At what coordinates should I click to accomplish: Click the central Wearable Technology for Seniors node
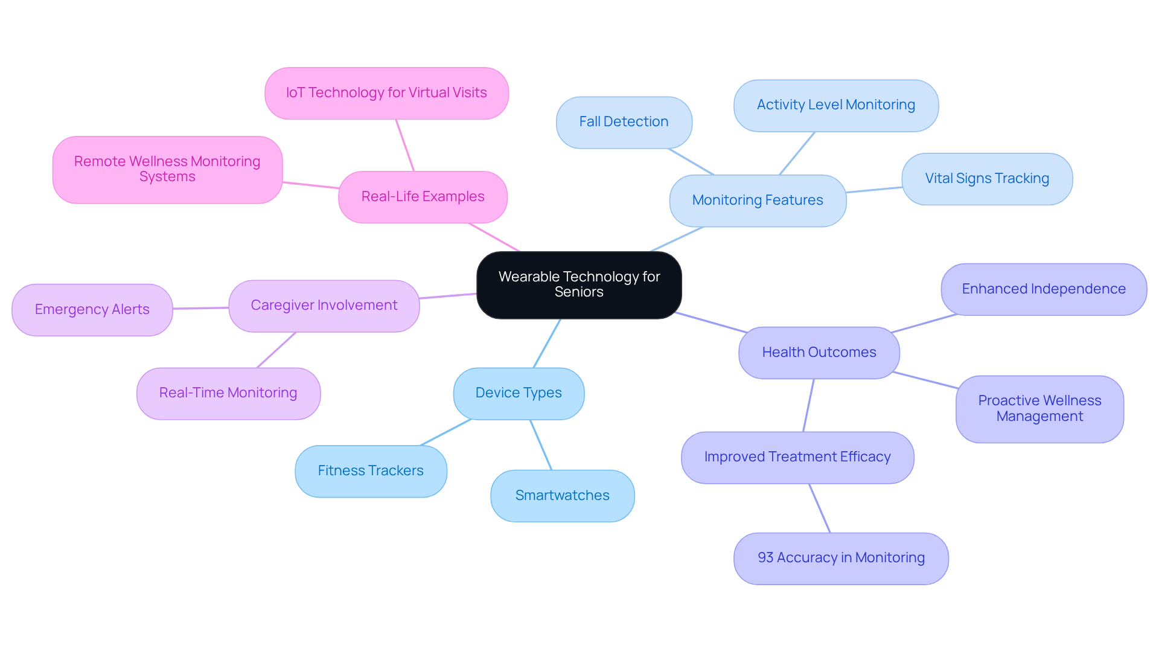coord(579,284)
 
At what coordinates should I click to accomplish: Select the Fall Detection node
coord(624,122)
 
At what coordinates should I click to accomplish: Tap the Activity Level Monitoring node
coord(835,105)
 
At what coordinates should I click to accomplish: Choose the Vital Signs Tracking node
coord(986,179)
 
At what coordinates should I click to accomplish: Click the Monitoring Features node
coord(757,200)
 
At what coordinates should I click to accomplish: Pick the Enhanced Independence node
coord(1043,289)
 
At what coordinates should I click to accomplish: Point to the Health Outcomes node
coord(819,353)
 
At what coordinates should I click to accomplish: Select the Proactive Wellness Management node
coord(1039,409)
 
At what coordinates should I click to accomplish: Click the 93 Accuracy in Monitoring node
coord(840,558)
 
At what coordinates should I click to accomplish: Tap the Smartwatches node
coord(562,496)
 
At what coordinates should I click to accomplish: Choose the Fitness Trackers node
coord(371,471)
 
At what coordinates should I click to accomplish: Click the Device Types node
coord(518,393)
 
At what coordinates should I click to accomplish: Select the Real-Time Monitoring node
coord(228,393)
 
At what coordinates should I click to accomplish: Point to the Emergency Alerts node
coord(92,310)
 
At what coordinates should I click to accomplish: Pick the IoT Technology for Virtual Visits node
coord(386,93)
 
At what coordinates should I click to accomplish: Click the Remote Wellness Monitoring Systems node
coord(167,169)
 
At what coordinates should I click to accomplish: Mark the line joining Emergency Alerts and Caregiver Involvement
coord(200,308)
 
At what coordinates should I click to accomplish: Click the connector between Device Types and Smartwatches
coord(541,445)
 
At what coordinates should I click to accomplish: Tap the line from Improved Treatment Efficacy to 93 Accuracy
coord(820,508)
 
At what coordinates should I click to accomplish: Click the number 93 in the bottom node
coord(765,558)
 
